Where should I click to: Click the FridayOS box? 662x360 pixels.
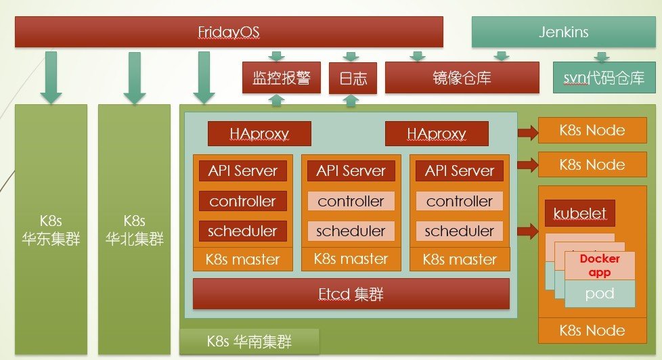pos(229,32)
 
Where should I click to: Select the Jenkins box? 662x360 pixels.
pos(564,32)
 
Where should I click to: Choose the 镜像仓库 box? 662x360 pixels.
pos(462,78)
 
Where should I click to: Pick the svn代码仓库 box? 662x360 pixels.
pos(604,78)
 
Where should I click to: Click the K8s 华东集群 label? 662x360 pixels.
pos(51,230)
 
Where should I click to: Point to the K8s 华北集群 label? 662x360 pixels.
pos(134,230)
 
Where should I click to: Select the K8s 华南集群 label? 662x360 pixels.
pos(249,341)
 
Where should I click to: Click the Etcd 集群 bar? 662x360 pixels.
pos(351,294)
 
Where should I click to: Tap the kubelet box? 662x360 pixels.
pos(579,214)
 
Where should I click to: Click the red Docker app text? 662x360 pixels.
pos(600,265)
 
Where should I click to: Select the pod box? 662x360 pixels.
pos(600,294)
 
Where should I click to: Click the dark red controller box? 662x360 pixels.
pos(242,201)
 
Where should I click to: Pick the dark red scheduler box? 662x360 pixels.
pos(242,231)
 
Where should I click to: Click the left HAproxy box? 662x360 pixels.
pos(259,133)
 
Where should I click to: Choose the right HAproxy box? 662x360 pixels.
pos(437,133)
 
